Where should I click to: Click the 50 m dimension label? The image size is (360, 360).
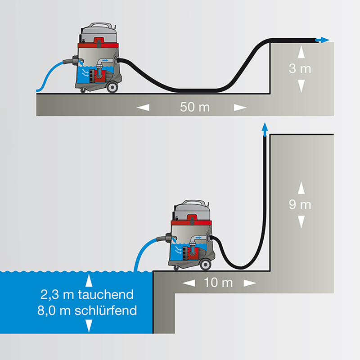click(x=194, y=108)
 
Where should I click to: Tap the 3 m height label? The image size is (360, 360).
click(x=300, y=69)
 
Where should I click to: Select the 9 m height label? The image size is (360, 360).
click(x=300, y=204)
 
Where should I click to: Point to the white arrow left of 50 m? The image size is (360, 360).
click(x=143, y=108)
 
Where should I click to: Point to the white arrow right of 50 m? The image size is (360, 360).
click(x=240, y=108)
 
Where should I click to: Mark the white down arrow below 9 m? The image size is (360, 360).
click(x=300, y=221)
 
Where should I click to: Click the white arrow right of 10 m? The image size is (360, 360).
click(x=249, y=283)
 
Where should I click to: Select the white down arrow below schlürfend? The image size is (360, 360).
click(x=89, y=325)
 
